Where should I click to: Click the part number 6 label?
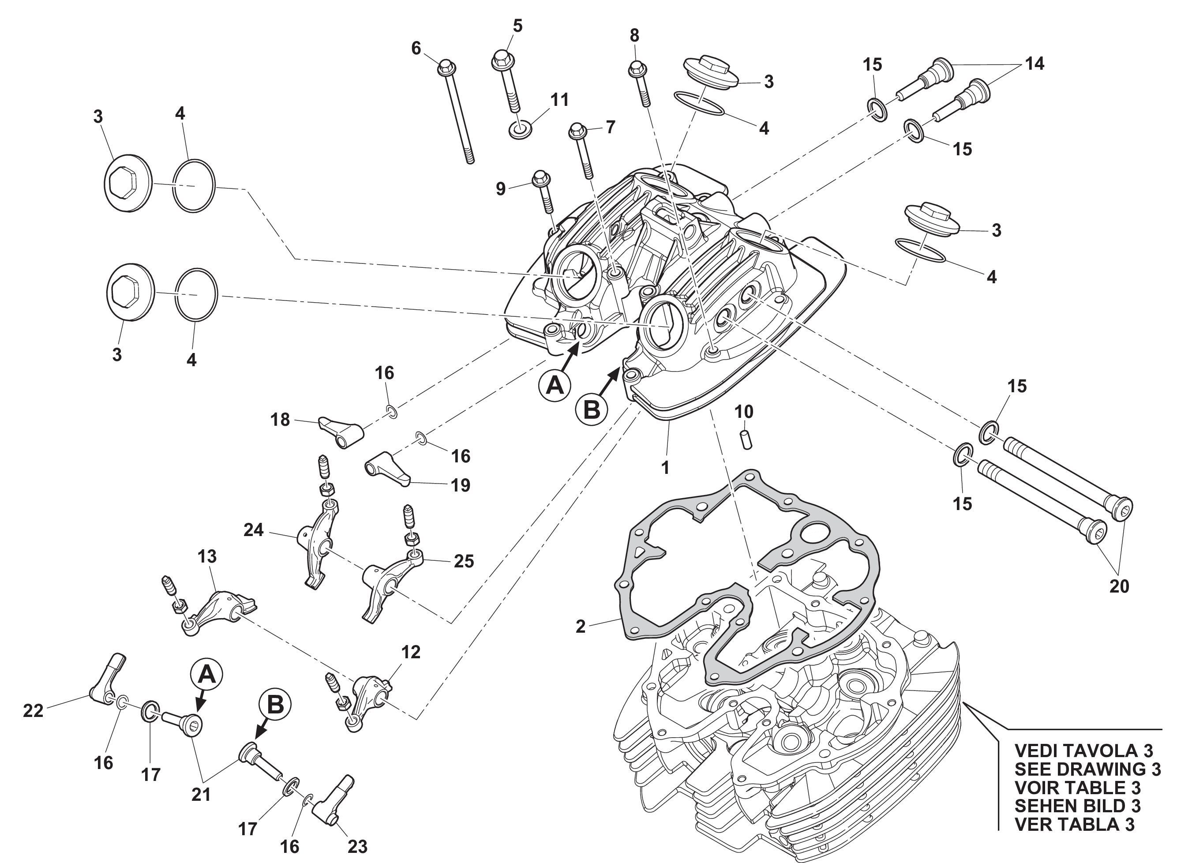coord(416,49)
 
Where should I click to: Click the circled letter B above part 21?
coord(275,705)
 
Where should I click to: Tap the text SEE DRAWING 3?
coord(1087,769)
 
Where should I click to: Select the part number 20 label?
coord(1119,585)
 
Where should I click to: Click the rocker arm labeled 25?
coord(387,586)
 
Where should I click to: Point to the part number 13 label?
coord(207,556)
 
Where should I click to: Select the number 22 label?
coord(33,711)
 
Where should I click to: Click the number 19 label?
coord(461,485)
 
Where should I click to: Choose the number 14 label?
coord(1035,64)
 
